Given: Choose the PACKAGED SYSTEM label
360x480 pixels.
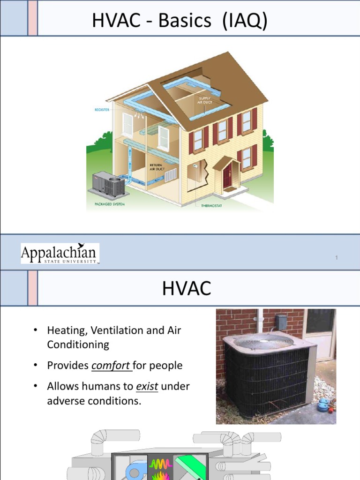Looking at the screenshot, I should (x=103, y=204).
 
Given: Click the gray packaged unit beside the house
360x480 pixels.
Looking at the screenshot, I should (x=109, y=183).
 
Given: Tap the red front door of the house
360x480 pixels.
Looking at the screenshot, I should (x=227, y=175).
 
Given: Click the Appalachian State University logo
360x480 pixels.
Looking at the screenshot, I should (x=60, y=254).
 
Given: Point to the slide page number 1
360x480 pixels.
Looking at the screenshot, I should (x=337, y=257).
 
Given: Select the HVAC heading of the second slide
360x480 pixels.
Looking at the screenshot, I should (x=187, y=289).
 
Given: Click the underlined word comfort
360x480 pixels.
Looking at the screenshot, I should (x=111, y=366).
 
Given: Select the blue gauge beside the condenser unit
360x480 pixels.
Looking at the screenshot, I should (x=323, y=405).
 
